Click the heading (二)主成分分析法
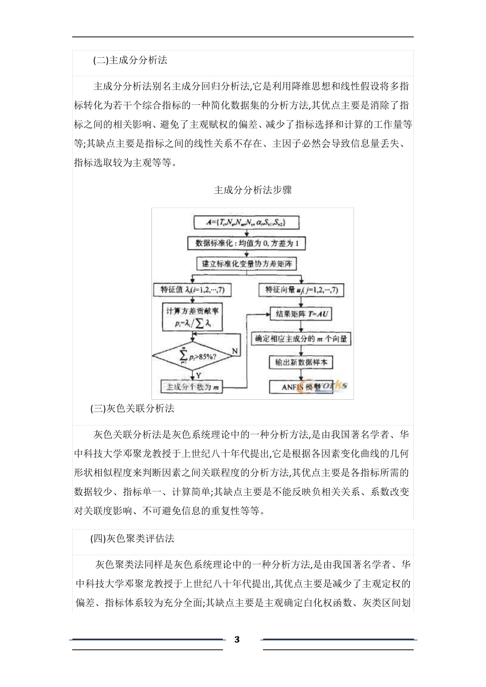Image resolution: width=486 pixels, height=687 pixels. click(130, 60)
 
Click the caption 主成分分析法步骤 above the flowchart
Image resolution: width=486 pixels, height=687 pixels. click(253, 190)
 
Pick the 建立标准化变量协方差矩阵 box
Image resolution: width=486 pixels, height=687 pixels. click(247, 264)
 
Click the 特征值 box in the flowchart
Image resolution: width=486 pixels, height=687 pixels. click(192, 290)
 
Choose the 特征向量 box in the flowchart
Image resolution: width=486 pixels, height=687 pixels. click(301, 290)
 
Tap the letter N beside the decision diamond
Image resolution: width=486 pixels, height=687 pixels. click(235, 351)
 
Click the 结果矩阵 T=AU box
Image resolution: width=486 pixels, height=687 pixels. click(301, 313)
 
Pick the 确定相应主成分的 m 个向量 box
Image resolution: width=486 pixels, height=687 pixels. click(301, 338)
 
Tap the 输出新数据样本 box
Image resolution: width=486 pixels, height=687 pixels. click(301, 362)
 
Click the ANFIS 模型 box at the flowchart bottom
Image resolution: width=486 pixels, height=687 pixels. click(301, 386)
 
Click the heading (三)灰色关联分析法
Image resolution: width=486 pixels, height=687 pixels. click(132, 408)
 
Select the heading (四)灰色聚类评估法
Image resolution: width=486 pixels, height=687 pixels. click(132, 538)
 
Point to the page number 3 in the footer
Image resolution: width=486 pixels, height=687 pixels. click(236, 639)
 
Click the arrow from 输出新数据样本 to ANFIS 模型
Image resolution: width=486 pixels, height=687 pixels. click(301, 374)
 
